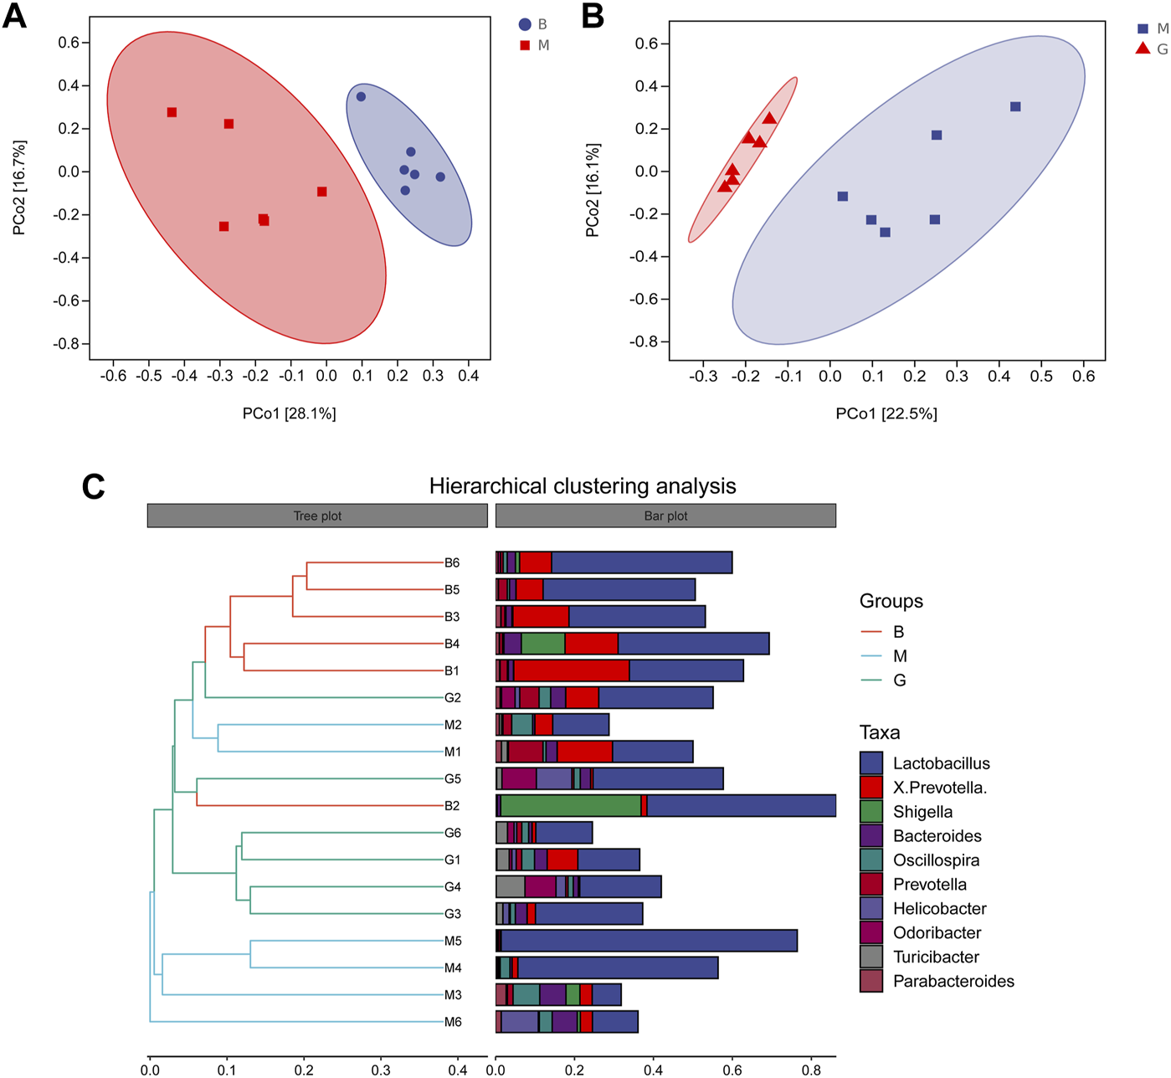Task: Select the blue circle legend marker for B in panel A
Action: [525, 25]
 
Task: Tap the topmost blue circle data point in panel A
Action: [361, 97]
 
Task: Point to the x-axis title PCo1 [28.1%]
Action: [289, 413]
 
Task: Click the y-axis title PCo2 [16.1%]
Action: [593, 190]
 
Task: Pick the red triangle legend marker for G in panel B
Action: [1143, 49]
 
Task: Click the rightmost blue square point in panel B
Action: [1015, 107]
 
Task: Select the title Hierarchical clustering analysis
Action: [583, 486]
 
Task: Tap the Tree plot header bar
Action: [317, 516]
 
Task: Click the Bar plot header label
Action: [665, 516]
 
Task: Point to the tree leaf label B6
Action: [452, 563]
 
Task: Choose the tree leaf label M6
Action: [453, 1022]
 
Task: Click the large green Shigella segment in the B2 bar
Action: [571, 806]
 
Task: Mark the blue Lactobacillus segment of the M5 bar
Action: [649, 941]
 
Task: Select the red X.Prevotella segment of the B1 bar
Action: [571, 671]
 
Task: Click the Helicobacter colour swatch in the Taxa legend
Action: [871, 909]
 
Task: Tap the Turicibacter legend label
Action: [935, 957]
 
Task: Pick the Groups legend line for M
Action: [871, 656]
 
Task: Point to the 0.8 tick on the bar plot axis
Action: [811, 1070]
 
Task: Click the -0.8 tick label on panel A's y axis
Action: [67, 344]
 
